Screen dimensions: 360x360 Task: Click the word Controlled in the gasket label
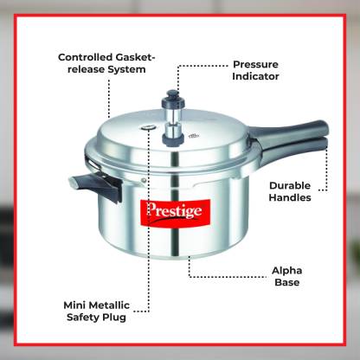(x=85, y=57)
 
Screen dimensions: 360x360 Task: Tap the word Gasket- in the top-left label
(x=135, y=57)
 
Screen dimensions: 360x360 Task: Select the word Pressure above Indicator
(x=255, y=64)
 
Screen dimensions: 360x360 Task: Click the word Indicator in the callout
(x=255, y=76)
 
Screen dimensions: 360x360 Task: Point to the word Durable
(x=290, y=185)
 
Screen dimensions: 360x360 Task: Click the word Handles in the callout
(x=290, y=197)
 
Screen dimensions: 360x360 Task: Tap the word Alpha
(x=287, y=271)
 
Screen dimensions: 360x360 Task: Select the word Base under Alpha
(x=287, y=282)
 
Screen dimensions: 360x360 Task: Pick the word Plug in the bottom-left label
(x=115, y=318)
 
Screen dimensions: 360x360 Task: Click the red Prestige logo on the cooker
(x=175, y=212)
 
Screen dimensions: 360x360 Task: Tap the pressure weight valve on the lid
(x=173, y=117)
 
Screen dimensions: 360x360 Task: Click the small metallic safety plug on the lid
(x=148, y=127)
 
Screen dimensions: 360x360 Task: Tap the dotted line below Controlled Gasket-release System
(x=109, y=99)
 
